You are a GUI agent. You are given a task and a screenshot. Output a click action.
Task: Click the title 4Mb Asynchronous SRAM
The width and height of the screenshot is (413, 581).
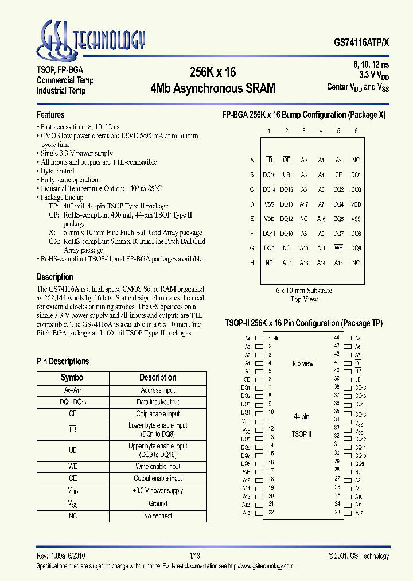point(212,88)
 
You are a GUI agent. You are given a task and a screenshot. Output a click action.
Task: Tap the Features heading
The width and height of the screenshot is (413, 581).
point(50,114)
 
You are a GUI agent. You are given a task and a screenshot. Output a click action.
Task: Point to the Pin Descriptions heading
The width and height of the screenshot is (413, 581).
point(63,361)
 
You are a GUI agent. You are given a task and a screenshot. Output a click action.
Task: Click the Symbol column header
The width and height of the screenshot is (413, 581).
point(73,377)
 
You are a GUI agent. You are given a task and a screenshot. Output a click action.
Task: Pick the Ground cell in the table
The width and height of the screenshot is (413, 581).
point(158,503)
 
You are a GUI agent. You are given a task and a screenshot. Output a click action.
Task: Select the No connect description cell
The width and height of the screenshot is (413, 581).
point(158,516)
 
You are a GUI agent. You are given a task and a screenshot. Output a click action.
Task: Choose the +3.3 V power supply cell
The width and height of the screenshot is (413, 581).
point(158,491)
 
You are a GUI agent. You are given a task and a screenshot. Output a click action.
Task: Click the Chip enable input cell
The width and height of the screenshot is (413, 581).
point(158,413)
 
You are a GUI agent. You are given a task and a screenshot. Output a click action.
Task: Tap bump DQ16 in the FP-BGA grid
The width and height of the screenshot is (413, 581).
point(269,175)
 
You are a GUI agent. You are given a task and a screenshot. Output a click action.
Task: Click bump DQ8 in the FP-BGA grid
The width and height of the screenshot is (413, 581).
point(356,248)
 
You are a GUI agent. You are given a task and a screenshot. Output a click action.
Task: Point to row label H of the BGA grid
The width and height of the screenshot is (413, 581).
point(252,263)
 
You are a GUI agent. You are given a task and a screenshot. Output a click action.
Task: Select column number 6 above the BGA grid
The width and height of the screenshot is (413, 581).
point(356,131)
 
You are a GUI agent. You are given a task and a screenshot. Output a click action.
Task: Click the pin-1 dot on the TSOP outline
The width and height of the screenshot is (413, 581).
point(276,339)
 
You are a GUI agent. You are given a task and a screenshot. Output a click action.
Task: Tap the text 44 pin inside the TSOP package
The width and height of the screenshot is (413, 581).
point(302,416)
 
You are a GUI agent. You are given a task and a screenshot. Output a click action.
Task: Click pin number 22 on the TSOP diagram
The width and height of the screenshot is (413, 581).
point(271,512)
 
